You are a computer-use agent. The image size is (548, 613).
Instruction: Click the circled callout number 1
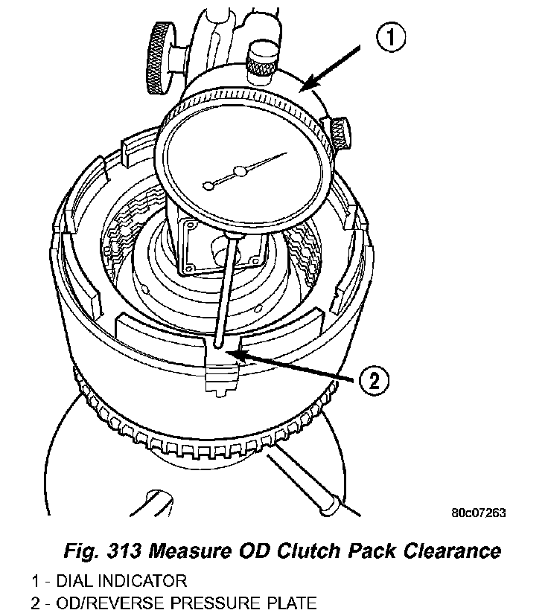391,36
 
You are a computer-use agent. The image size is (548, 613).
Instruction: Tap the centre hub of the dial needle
240,173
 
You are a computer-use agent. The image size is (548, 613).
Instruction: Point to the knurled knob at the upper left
161,57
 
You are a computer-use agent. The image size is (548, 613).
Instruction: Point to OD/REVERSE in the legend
103,602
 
